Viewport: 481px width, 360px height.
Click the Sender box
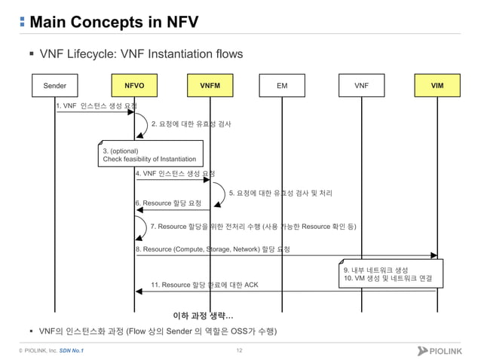coord(55,86)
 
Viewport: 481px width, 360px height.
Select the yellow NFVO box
coord(134,86)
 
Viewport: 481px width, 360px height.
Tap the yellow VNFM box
coord(210,86)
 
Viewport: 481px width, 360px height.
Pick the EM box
coord(282,86)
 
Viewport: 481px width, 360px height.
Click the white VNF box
coord(361,86)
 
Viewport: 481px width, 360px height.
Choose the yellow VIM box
coord(437,86)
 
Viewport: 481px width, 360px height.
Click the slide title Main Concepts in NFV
coord(113,21)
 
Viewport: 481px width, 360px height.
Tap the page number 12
coord(240,351)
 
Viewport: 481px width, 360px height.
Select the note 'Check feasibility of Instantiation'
coord(149,159)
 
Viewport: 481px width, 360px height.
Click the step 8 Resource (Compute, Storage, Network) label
coord(213,249)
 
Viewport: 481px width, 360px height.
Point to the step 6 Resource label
coord(168,203)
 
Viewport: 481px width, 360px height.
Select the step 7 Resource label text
coord(253,226)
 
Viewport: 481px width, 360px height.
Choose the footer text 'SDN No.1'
coord(72,351)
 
